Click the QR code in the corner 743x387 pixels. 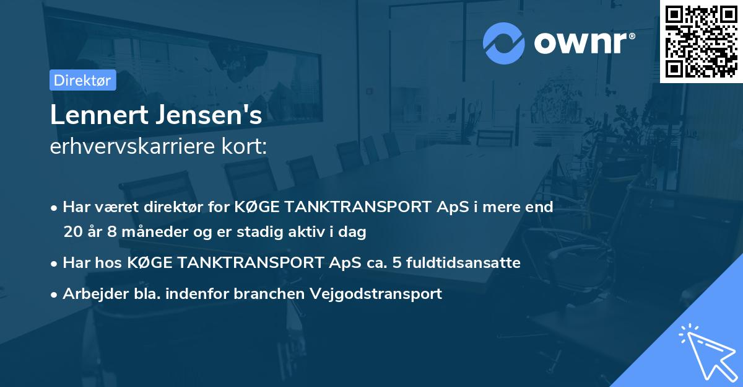[x=701, y=41]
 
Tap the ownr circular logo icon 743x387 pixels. [x=504, y=43]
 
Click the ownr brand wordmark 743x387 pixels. [x=584, y=43]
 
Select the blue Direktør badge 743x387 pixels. [x=82, y=81]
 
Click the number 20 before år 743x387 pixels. [x=72, y=232]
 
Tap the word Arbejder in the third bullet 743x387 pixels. [x=90, y=293]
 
